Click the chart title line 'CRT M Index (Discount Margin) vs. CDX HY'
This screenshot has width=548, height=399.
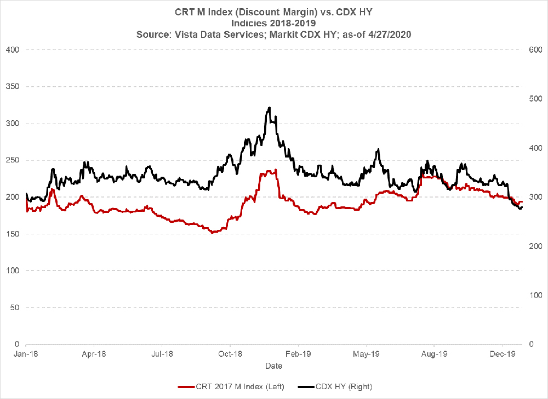pos(274,12)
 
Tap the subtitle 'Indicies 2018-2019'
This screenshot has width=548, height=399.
pos(274,23)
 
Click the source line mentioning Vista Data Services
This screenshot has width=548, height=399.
pos(274,33)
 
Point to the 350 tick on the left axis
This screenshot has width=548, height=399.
pos(12,87)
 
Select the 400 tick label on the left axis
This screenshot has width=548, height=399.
pos(12,50)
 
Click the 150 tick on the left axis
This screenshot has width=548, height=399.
pos(12,234)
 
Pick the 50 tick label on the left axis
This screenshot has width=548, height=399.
pos(14,307)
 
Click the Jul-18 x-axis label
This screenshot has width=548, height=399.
pos(162,354)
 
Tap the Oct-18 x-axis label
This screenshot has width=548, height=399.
pos(231,354)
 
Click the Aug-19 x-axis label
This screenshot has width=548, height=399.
pos(435,354)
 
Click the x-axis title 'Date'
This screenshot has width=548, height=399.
pos(273,366)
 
